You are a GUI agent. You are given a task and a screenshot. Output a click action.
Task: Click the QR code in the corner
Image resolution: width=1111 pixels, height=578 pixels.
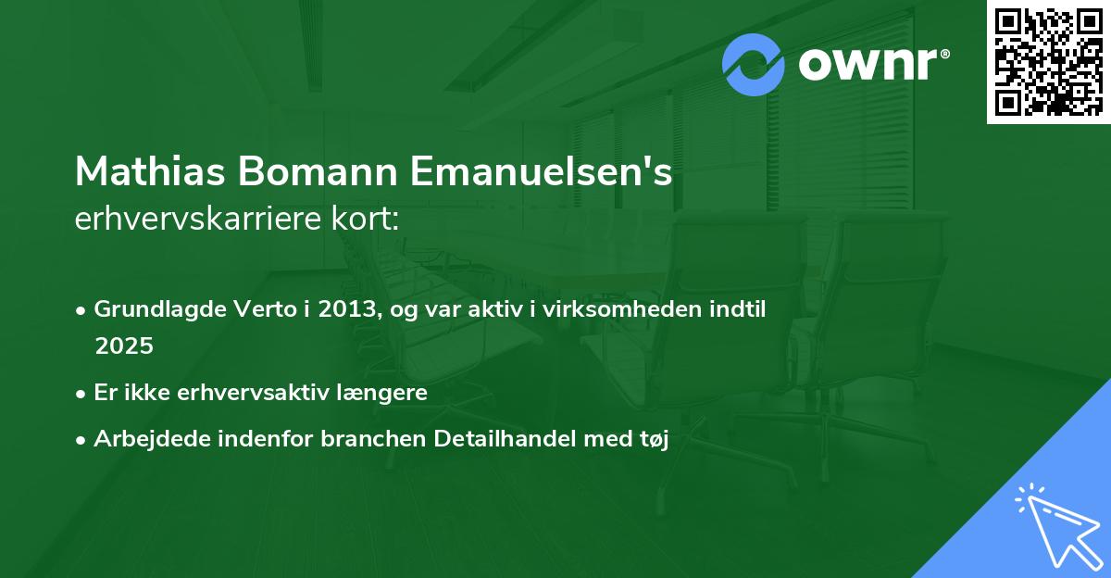(x=1048, y=61)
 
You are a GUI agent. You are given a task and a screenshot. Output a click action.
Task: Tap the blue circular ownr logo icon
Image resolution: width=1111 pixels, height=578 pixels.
(x=754, y=64)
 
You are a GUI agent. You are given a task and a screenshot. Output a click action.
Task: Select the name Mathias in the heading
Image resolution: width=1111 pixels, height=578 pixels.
(x=148, y=172)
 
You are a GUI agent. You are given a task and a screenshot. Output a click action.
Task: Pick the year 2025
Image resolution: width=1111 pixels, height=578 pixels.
(x=124, y=346)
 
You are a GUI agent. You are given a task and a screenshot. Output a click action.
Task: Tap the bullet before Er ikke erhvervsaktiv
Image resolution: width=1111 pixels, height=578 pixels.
(x=81, y=393)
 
